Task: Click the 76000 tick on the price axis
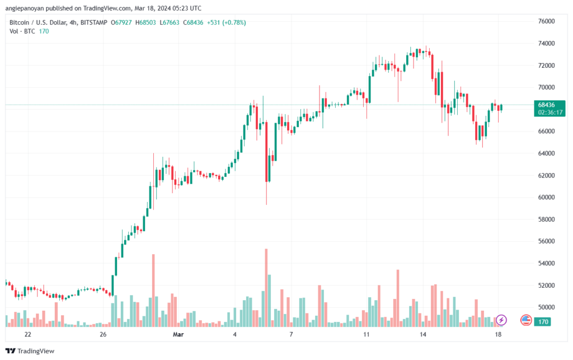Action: point(546,22)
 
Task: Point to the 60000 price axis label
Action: point(546,198)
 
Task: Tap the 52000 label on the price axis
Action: point(546,286)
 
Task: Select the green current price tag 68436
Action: point(546,105)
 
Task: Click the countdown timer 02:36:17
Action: point(550,113)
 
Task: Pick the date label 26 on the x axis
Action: point(103,334)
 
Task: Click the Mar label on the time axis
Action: point(178,334)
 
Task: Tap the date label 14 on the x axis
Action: point(423,334)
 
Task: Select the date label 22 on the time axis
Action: point(28,334)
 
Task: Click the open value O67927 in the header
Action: point(121,22)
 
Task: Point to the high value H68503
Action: point(145,22)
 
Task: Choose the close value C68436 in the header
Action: point(193,22)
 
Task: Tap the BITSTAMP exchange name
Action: point(94,22)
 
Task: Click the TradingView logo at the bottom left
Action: point(30,351)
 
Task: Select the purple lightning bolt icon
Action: point(501,320)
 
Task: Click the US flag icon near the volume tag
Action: point(526,320)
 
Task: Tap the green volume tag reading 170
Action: point(543,322)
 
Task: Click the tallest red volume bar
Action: point(266,288)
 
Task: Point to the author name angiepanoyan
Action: point(25,8)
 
